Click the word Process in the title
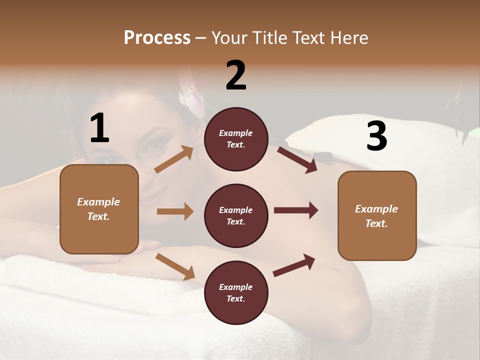(x=157, y=38)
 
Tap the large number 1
(x=99, y=128)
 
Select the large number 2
(x=236, y=75)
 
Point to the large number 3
(x=376, y=136)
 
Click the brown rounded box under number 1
(x=99, y=209)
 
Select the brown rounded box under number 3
(x=377, y=215)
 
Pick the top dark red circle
(x=236, y=139)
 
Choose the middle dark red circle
(x=236, y=215)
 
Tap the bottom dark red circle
(x=236, y=292)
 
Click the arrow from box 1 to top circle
(x=174, y=159)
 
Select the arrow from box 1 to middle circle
(x=175, y=211)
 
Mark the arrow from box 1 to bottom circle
(x=175, y=266)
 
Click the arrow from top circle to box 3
(x=297, y=159)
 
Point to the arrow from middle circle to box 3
(x=296, y=210)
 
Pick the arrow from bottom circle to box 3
(x=294, y=265)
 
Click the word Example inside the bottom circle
(x=236, y=287)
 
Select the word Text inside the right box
(x=376, y=223)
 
